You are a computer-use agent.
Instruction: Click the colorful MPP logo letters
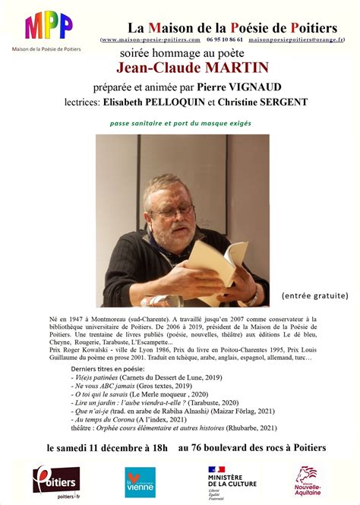tap(49, 27)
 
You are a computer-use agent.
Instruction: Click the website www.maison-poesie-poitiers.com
tap(151, 39)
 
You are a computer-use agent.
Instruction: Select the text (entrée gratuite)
tap(314, 295)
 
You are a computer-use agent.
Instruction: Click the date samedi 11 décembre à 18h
tap(118, 447)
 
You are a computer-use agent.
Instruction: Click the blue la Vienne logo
tap(140, 482)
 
